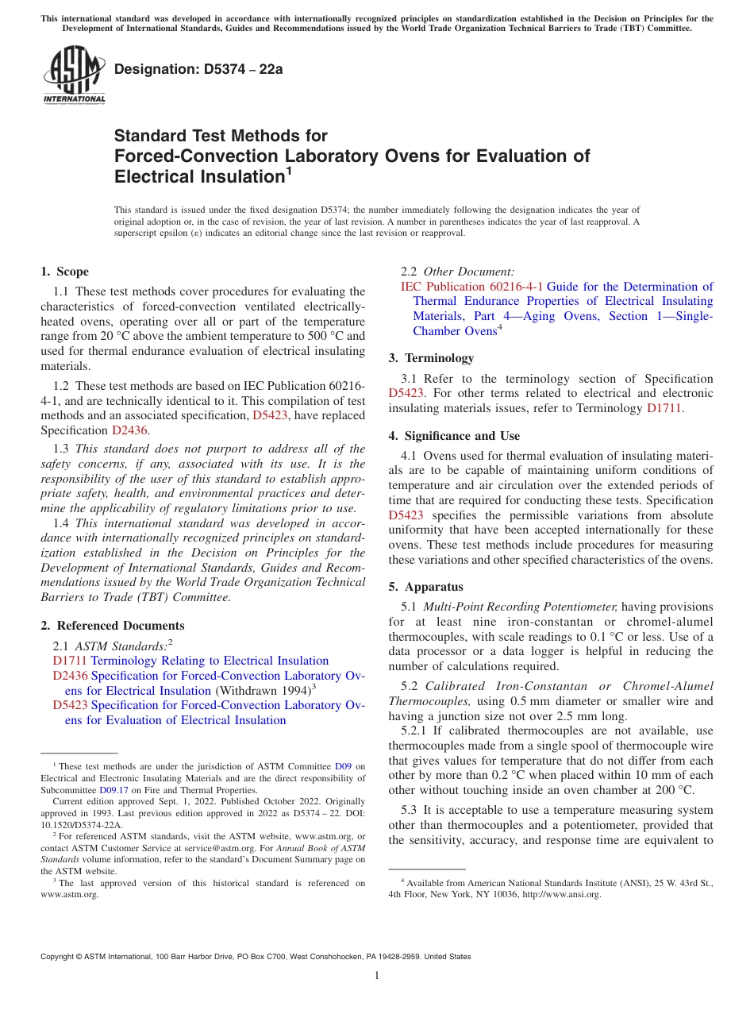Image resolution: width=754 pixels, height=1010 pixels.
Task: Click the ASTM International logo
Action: click(73, 75)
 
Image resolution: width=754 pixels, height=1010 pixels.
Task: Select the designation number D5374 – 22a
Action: click(198, 69)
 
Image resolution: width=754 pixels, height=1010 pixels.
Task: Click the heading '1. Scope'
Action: click(64, 272)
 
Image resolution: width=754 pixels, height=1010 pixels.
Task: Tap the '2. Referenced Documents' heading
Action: click(113, 626)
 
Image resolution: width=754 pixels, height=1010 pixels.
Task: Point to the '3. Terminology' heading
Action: click(431, 358)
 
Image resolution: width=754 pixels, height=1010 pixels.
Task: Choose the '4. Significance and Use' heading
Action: click(454, 436)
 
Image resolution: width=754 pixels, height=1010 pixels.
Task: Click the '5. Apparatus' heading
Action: click(425, 587)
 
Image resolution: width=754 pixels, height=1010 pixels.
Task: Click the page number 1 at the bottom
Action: click(377, 976)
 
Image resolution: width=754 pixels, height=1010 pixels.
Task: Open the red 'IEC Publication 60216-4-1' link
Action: click(471, 287)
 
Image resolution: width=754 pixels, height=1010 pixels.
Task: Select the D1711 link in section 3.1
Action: click(664, 408)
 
